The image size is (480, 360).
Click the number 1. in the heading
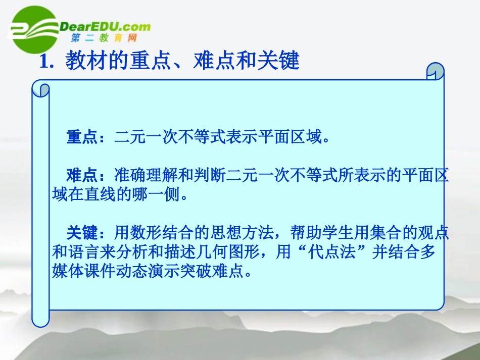point(46,62)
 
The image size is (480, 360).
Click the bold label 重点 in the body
point(81,137)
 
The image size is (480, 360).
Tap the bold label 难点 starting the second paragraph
point(81,175)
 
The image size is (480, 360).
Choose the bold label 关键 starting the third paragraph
point(81,233)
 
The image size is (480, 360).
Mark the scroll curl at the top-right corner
point(435,72)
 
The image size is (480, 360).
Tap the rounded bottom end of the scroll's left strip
point(40,320)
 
